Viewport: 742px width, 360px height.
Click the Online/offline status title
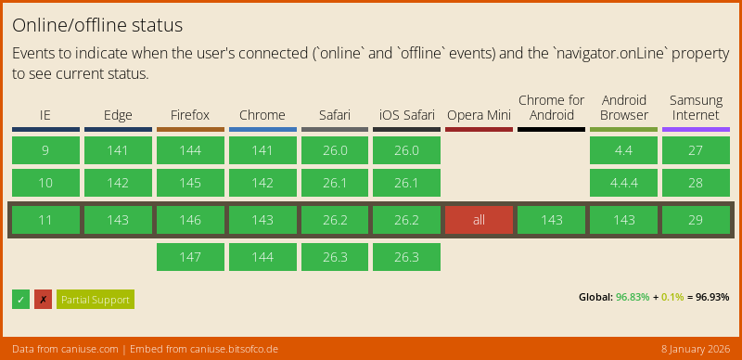pos(97,25)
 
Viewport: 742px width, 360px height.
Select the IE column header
pos(45,115)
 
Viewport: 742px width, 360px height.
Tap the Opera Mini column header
pos(479,115)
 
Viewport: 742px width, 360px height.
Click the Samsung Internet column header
pos(696,108)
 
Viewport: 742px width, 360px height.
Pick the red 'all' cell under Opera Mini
pos(479,220)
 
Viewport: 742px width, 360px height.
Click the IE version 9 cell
pos(45,150)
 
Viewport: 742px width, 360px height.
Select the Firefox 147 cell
pos(190,257)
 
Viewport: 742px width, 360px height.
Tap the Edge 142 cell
pos(118,183)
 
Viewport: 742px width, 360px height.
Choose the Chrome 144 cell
pos(262,257)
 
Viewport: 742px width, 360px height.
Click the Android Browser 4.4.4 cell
pos(623,183)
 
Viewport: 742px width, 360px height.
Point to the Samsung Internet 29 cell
pos(696,220)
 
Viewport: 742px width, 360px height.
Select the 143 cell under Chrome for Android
pos(551,220)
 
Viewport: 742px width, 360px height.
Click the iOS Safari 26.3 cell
pos(406,257)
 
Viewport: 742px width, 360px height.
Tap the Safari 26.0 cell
pos(334,150)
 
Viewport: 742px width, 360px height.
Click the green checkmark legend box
pos(20,299)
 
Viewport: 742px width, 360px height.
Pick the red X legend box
pos(43,299)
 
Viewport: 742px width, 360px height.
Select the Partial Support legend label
pos(95,299)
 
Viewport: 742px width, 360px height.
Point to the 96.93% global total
pos(712,297)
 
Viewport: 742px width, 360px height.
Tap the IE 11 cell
pos(45,220)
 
